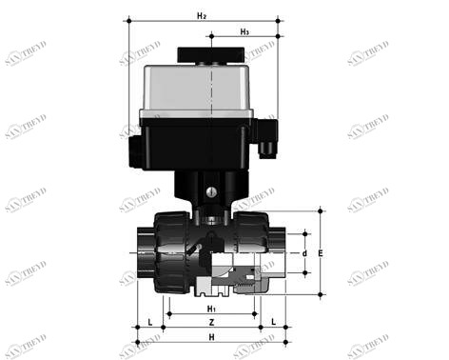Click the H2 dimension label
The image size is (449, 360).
pyautogui.click(x=202, y=16)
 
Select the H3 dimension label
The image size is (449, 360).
pyautogui.click(x=244, y=32)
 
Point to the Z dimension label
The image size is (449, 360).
pyautogui.click(x=211, y=324)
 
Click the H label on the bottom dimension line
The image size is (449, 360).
pyautogui.click(x=211, y=339)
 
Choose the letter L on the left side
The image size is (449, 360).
pyautogui.click(x=150, y=324)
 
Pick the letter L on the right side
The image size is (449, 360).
pyautogui.click(x=273, y=324)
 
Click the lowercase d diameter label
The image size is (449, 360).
pyautogui.click(x=303, y=253)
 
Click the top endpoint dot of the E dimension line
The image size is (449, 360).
pyautogui.click(x=322, y=210)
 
